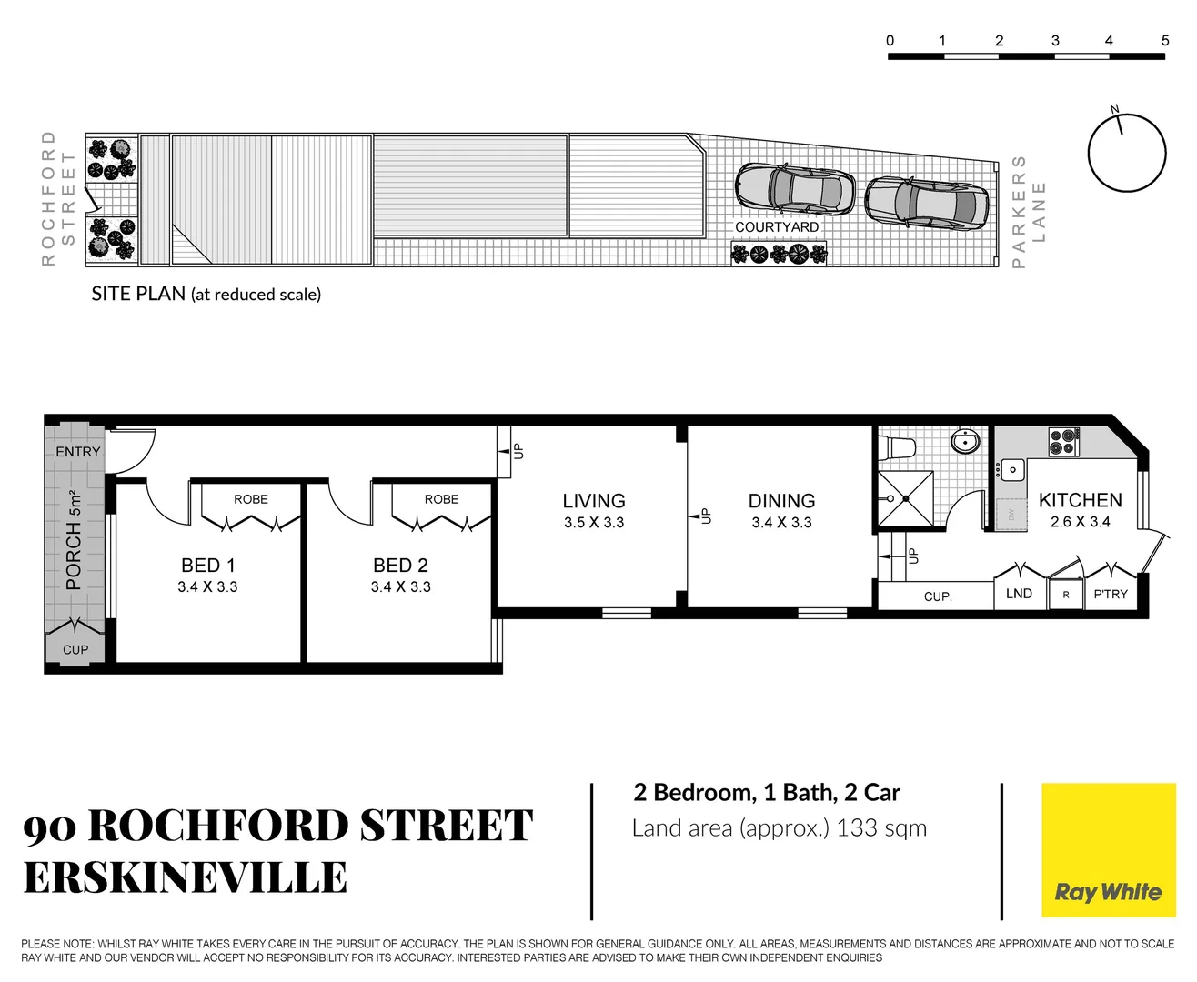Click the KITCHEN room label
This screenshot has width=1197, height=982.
point(1080,500)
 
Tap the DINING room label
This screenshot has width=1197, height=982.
point(781,501)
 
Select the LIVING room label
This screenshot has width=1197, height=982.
point(593,501)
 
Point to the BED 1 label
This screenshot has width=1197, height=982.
point(207,566)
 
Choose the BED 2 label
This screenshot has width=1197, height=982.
point(400,566)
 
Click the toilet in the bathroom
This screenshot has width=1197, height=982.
point(898,447)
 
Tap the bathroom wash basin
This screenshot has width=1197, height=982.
point(965,442)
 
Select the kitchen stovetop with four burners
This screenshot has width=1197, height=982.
point(1063,442)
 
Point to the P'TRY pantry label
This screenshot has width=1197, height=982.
point(1110,595)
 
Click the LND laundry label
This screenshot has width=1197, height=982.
point(1019,594)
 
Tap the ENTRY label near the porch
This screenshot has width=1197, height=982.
point(78,452)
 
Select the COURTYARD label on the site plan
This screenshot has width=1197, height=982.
point(777,227)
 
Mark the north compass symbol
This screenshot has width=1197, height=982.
point(1126,152)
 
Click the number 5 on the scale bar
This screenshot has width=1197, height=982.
point(1164,41)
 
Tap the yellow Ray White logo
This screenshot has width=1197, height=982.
point(1108,850)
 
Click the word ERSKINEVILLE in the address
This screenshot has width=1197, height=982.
point(186,877)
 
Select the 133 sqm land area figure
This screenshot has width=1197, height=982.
point(880,828)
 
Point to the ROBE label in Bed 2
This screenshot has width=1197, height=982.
point(441,499)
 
